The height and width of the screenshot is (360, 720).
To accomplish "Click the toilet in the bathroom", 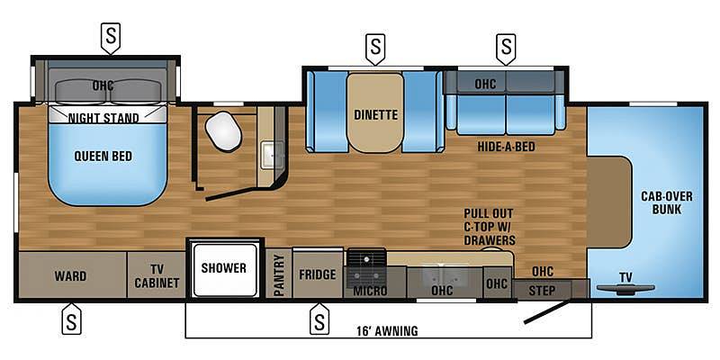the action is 223,130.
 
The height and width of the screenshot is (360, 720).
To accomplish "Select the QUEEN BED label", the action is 103,156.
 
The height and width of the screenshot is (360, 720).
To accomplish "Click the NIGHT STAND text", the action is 103,118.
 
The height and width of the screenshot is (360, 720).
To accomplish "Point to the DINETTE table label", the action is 375,115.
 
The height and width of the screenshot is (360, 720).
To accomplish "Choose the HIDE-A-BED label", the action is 506,147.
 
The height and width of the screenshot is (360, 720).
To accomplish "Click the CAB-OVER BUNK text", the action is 667,203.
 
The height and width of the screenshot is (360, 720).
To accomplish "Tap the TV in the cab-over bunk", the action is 625,288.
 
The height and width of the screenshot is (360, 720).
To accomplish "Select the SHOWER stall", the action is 224,269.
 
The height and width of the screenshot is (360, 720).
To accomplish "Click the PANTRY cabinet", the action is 279,274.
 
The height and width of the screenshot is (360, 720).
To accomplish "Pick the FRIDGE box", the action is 318,274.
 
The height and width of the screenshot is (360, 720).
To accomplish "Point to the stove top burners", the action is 366,267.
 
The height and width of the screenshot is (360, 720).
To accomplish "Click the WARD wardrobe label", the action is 70,276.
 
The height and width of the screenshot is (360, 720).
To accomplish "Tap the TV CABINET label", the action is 157,276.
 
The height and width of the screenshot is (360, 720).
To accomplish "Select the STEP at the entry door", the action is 542,290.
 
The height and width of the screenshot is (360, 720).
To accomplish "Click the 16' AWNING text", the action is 388,330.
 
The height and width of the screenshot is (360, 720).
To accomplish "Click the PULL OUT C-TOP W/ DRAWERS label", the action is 489,227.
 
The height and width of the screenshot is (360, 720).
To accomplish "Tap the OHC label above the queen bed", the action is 103,85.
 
